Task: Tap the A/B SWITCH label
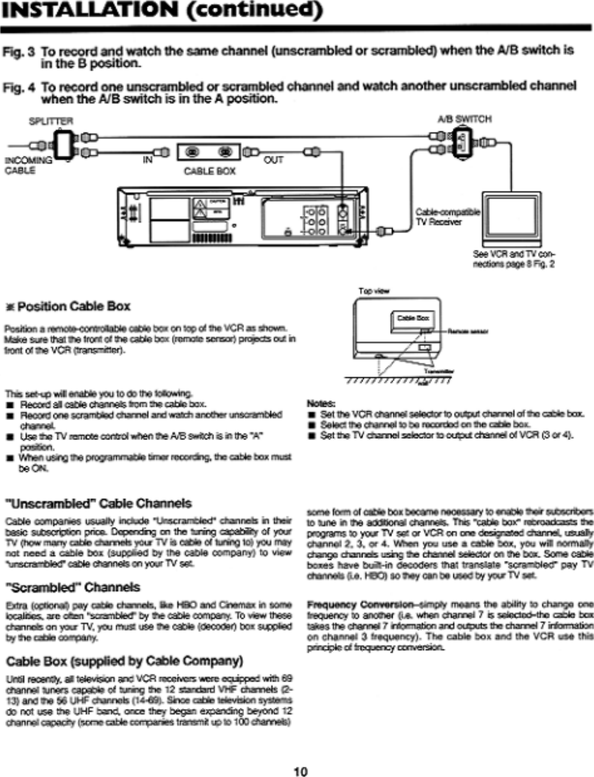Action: pyautogui.click(x=464, y=119)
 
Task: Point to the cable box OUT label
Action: pyautogui.click(x=273, y=159)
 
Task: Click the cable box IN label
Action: pyautogui.click(x=148, y=159)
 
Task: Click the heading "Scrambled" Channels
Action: pyautogui.click(x=72, y=587)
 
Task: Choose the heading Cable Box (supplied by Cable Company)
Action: pyautogui.click(x=124, y=661)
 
